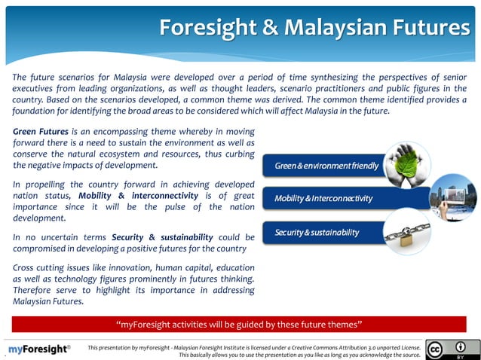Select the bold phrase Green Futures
click(38, 130)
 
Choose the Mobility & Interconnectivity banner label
click(323, 199)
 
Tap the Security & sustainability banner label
click(317, 232)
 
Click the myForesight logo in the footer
click(39, 349)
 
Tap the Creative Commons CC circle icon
click(435, 349)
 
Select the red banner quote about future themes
click(240, 325)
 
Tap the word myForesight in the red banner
click(151, 325)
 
